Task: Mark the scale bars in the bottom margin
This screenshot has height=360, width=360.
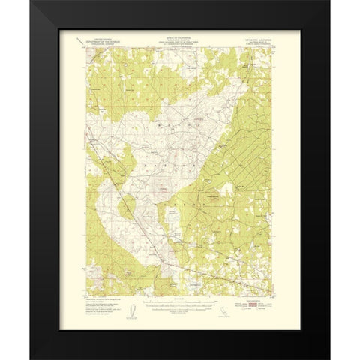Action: point(178,304)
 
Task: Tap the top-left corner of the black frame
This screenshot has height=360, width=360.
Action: point(31,2)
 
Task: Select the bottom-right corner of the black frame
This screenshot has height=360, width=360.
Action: point(328,358)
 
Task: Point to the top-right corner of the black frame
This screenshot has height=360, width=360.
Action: point(328,2)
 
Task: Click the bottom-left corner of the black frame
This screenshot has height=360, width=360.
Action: point(31,358)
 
